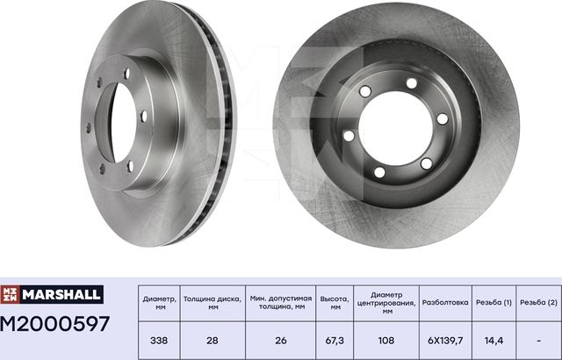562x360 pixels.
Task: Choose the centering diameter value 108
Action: [385, 339]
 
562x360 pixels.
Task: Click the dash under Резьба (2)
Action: [538, 339]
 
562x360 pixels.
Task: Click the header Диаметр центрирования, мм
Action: [385, 301]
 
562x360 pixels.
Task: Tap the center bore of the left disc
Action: [119, 122]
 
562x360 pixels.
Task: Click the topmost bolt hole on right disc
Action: [411, 83]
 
